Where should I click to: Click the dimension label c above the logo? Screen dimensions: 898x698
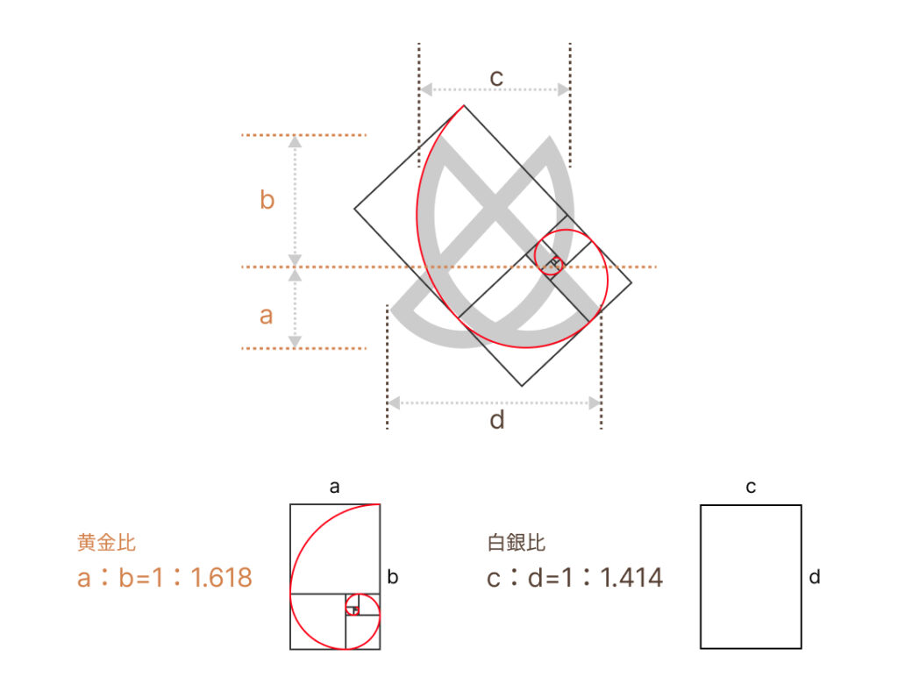(x=496, y=78)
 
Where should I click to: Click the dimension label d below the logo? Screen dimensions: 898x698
(x=497, y=420)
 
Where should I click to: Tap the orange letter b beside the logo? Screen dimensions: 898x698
(x=267, y=199)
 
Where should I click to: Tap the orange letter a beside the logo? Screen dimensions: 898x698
(x=266, y=316)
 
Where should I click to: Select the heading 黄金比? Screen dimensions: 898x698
(x=106, y=542)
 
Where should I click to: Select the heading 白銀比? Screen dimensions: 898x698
(x=516, y=542)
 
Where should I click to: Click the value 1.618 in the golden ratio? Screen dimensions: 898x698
(x=221, y=578)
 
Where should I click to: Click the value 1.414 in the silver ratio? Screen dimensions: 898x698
(x=631, y=578)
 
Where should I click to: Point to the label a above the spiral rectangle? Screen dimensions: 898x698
(x=334, y=488)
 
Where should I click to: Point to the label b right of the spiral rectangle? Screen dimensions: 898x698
(x=392, y=577)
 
